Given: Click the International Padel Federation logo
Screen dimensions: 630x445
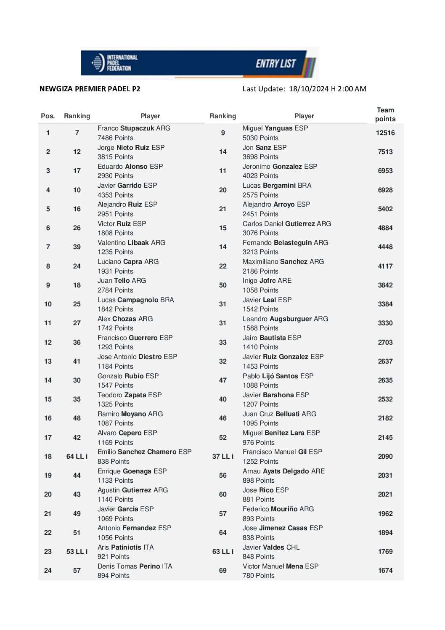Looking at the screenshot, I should [x=114, y=63].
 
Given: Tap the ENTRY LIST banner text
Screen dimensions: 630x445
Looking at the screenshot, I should [x=275, y=64].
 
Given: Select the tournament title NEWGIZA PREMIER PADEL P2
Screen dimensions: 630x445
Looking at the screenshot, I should [x=90, y=89].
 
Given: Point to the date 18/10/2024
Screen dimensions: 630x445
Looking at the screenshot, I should [x=309, y=89].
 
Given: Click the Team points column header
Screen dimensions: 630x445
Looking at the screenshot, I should [x=385, y=114].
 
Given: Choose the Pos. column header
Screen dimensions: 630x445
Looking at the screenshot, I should [x=48, y=116].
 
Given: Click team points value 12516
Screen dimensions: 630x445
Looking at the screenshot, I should [x=385, y=133].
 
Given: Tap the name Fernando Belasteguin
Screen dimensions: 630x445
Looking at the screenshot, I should [x=285, y=243].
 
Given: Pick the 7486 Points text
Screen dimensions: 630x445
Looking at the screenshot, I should [x=115, y=138].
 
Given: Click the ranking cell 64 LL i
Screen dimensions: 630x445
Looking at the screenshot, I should [x=77, y=457].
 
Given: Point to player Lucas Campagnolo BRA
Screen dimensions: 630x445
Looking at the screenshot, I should [x=135, y=300].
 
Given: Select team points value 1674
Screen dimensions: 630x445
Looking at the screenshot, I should [x=385, y=571].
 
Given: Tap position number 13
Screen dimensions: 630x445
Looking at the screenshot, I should [x=48, y=362].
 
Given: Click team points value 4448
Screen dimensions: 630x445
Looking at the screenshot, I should [x=385, y=247].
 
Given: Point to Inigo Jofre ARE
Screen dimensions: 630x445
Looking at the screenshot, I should [x=267, y=281].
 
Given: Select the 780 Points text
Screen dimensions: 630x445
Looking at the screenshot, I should [x=258, y=576].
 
